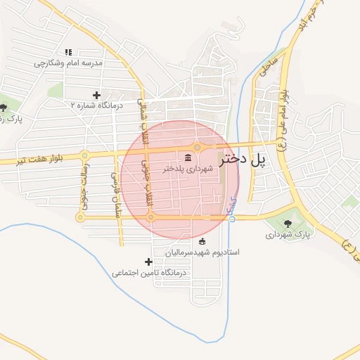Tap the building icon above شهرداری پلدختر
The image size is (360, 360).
point(188,157)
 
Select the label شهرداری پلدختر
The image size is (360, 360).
point(187,169)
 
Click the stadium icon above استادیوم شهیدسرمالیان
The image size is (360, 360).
point(203,241)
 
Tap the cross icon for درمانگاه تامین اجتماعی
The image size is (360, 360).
point(148,262)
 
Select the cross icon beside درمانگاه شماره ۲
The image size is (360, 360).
point(96,95)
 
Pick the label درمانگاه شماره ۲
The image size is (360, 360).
point(96,105)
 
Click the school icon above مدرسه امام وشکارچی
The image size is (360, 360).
point(68,52)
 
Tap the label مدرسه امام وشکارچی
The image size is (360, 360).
point(72,63)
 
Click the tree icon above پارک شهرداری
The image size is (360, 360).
point(288,224)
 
